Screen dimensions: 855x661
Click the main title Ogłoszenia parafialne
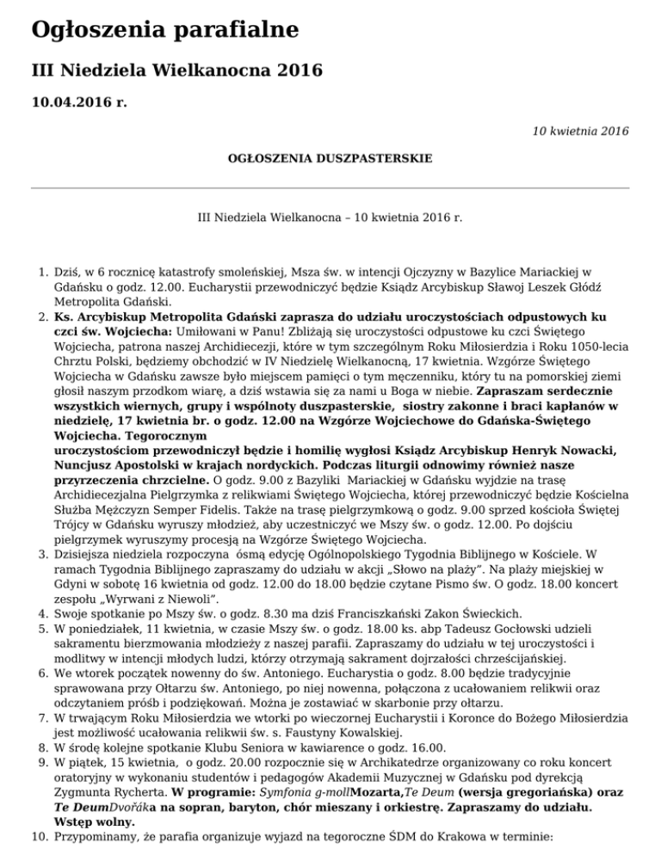pyautogui.click(x=164, y=31)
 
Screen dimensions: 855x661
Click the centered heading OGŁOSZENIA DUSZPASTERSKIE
pyautogui.click(x=330, y=159)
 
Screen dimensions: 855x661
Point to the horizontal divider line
pyautogui.click(x=330, y=187)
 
